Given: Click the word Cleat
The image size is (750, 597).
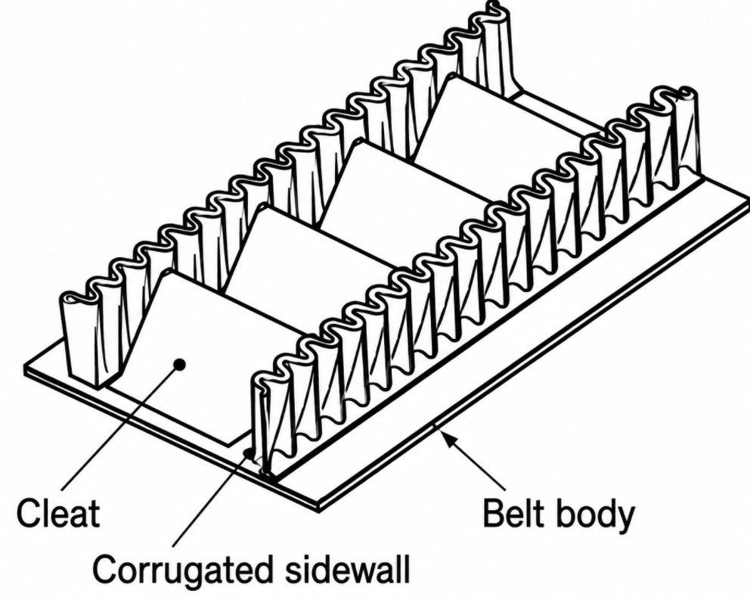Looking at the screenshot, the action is (58, 513).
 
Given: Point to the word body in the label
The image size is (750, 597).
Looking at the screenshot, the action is (596, 515).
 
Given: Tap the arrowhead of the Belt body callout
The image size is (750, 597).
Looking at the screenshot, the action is (448, 438).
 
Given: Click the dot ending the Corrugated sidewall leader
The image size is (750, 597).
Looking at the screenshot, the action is (248, 452).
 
